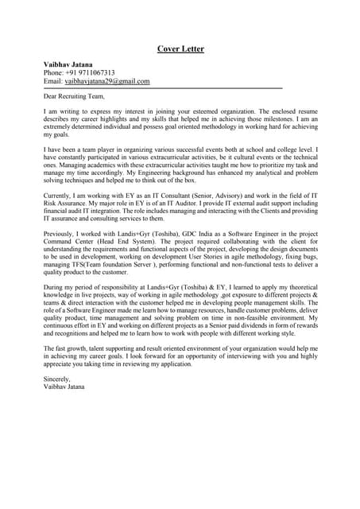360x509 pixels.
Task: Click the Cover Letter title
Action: tap(180, 49)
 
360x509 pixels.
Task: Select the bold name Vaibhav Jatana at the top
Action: tap(68, 64)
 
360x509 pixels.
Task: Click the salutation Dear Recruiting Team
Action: tap(74, 97)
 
